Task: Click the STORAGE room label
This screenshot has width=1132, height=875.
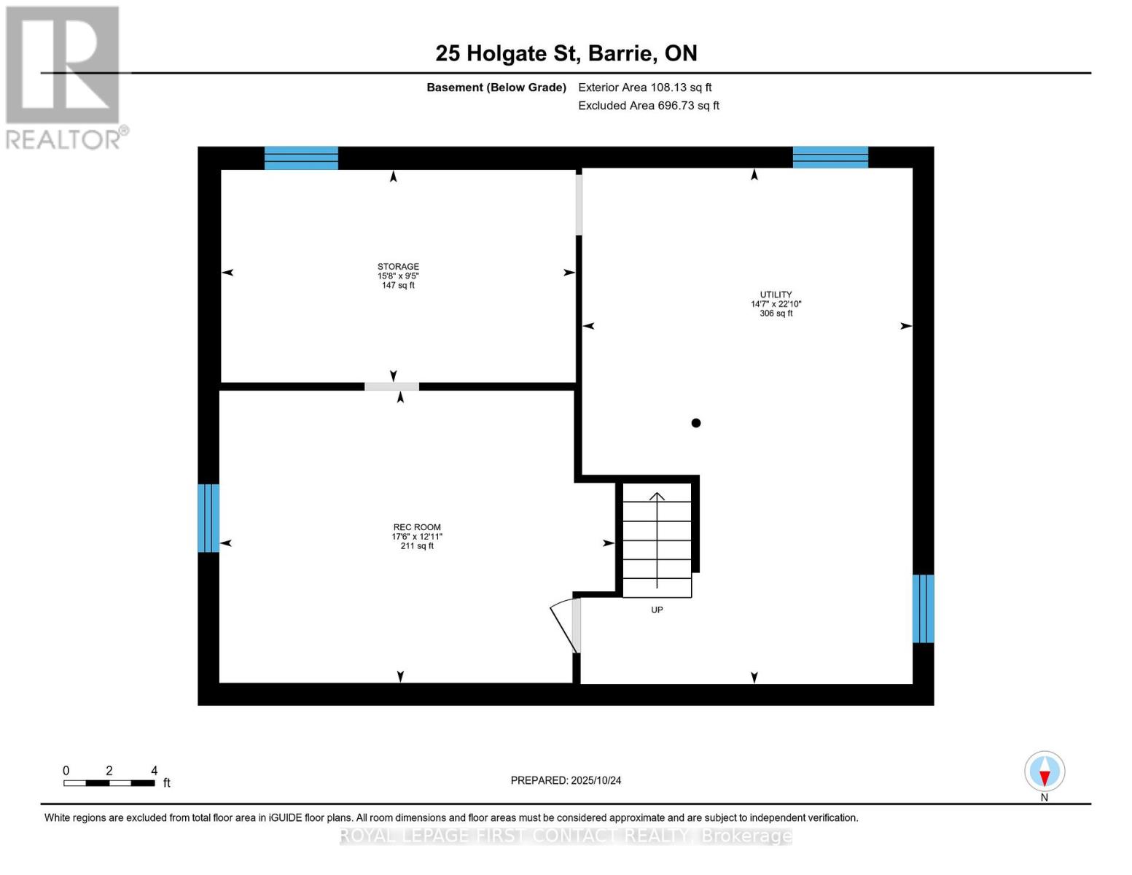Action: pyautogui.click(x=398, y=267)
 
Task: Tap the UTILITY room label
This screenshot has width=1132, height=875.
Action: pyautogui.click(x=776, y=295)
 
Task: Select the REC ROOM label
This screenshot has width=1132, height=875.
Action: pyautogui.click(x=417, y=527)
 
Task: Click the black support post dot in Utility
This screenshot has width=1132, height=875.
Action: pyautogui.click(x=696, y=423)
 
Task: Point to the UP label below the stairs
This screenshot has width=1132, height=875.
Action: pyautogui.click(x=657, y=610)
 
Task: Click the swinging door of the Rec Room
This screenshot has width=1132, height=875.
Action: pyautogui.click(x=564, y=625)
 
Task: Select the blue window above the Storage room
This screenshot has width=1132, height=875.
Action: pyautogui.click(x=301, y=157)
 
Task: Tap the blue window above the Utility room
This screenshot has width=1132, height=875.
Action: pyautogui.click(x=830, y=157)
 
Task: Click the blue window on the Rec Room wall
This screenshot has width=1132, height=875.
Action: pyautogui.click(x=208, y=518)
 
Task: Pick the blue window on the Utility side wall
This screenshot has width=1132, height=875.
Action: pyautogui.click(x=923, y=609)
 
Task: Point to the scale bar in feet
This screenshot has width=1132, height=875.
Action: pyautogui.click(x=109, y=783)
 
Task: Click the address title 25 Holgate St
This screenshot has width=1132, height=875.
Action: pyautogui.click(x=566, y=53)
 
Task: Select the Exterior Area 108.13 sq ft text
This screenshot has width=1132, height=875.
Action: pyautogui.click(x=644, y=87)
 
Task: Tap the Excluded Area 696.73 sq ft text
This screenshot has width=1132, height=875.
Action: pyautogui.click(x=648, y=106)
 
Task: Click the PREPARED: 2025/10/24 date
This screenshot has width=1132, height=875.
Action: pyautogui.click(x=566, y=780)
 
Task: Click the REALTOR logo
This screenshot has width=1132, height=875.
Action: pyautogui.click(x=64, y=77)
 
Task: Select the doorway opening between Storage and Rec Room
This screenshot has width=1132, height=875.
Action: pyautogui.click(x=392, y=386)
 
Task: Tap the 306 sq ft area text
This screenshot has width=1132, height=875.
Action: pyautogui.click(x=776, y=314)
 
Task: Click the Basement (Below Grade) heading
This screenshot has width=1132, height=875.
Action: pyautogui.click(x=496, y=87)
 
